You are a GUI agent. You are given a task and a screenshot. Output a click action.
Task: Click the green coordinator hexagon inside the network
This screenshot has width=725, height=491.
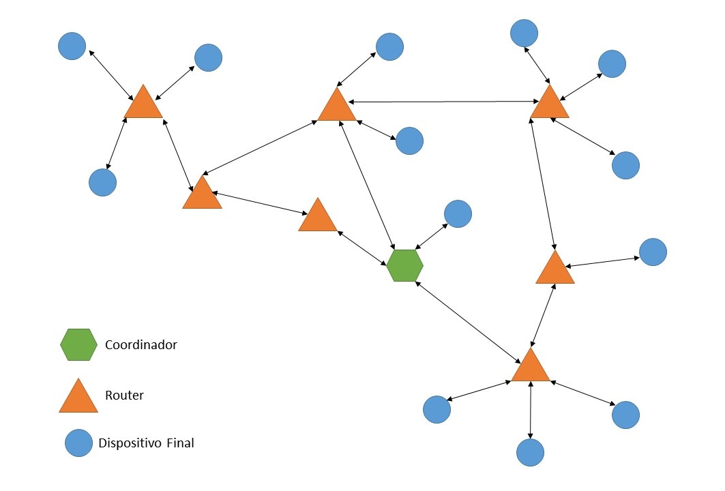[405, 265]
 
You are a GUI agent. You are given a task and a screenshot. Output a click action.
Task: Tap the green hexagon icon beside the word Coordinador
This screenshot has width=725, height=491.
[79, 345]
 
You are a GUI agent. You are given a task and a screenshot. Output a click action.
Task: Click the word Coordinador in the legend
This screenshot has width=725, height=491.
[141, 345]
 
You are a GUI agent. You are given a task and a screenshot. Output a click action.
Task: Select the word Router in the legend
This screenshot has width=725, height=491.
[124, 395]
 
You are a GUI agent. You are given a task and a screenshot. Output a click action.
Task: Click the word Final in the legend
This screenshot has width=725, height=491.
[179, 443]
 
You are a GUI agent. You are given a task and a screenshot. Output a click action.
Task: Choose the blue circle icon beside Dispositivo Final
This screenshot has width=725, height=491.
[79, 443]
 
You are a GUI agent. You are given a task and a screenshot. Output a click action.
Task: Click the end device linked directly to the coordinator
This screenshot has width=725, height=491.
[458, 214]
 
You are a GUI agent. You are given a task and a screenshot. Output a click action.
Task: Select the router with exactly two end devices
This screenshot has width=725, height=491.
[337, 106]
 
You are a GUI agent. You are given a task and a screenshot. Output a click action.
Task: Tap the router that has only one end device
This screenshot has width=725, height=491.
[554, 269]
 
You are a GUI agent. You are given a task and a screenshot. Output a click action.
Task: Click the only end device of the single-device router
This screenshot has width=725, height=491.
[653, 252]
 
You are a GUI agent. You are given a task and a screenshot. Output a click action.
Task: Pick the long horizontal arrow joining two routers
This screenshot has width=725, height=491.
[443, 102]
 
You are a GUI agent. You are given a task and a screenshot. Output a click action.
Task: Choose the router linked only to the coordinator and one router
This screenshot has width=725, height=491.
[318, 217]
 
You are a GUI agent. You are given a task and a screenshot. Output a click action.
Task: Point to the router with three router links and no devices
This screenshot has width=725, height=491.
[202, 194]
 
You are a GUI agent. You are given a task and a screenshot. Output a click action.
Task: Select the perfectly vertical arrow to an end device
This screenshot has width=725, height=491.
[531, 410]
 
